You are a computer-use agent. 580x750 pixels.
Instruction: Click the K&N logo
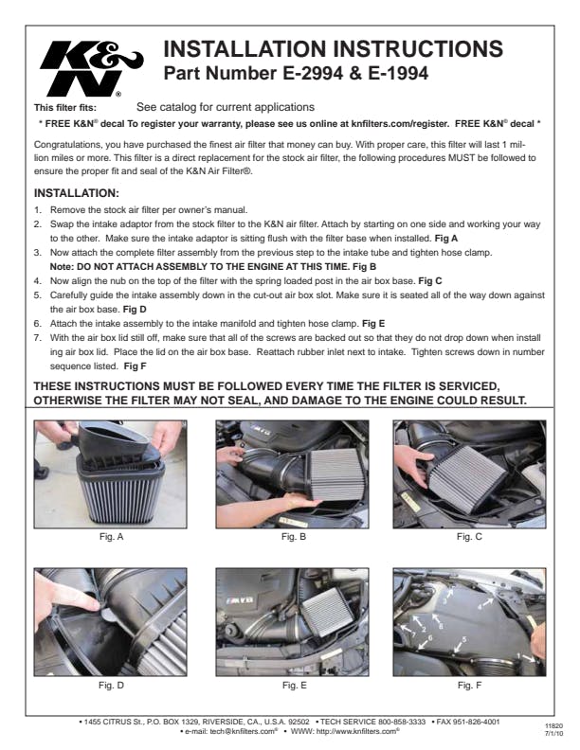[x=91, y=68]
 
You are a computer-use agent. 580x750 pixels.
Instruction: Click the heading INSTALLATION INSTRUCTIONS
[x=333, y=49]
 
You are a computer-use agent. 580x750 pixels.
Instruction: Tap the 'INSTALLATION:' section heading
[x=76, y=193]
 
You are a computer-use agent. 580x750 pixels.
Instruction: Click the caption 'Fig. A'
[x=111, y=537]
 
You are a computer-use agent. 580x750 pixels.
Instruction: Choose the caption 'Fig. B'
[x=294, y=537]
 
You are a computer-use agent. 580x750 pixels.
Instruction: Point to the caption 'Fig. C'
[x=469, y=537]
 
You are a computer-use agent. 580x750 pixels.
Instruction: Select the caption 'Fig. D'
[x=111, y=686]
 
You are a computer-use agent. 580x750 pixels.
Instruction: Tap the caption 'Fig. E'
[x=294, y=686]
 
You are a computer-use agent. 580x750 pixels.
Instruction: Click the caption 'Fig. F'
[x=469, y=686]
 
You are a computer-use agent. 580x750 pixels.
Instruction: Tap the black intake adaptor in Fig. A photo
[x=118, y=442]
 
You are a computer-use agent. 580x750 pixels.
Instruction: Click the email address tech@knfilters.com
[x=244, y=731]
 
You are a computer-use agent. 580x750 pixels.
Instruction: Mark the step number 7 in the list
[x=37, y=338]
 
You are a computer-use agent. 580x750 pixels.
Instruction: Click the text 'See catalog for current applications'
[x=226, y=107]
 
